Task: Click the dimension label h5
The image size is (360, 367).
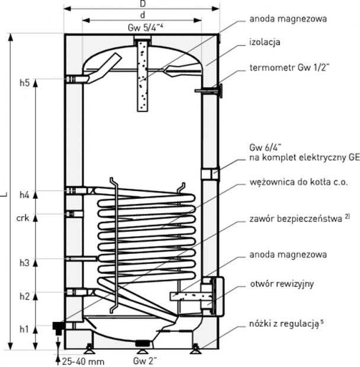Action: [24, 82]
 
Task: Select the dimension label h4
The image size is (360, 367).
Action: [24, 194]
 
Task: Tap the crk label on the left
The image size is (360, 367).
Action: [22, 217]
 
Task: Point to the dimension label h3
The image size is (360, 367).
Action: [24, 262]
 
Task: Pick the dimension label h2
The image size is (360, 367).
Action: [24, 296]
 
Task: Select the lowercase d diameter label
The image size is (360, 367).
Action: [143, 15]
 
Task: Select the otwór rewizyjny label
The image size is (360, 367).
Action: [281, 284]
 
